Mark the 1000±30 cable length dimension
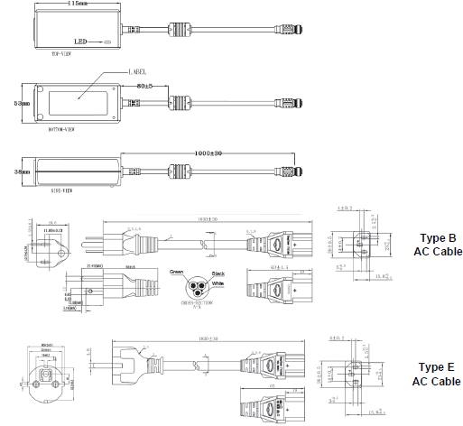pos(210,153)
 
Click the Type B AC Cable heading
pos(437,245)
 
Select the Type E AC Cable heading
pos(437,375)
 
